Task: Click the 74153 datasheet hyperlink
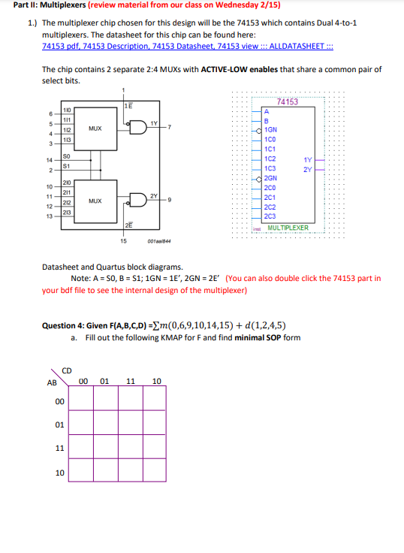tap(188, 46)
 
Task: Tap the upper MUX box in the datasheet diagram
tap(95, 128)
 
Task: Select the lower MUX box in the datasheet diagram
tap(95, 201)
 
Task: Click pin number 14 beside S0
tap(49, 160)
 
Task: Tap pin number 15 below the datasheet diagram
tap(123, 240)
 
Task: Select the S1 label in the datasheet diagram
tap(67, 166)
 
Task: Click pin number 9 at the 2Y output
tap(171, 199)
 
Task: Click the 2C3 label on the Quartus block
tap(272, 216)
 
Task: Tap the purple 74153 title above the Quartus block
tap(287, 101)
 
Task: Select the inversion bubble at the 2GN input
tap(260, 177)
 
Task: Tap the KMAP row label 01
tap(59, 425)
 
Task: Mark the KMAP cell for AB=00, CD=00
tap(85, 402)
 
